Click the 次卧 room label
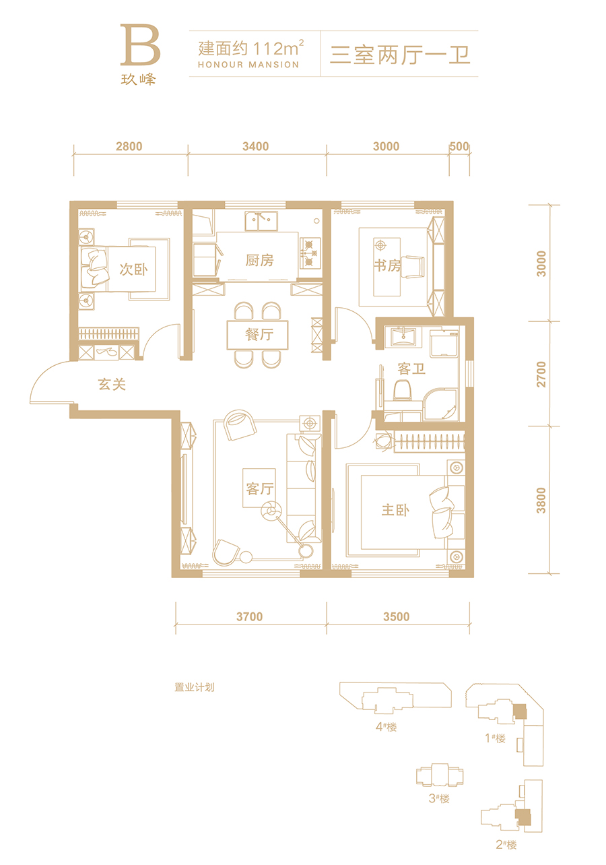click(133, 269)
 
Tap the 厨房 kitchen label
click(259, 260)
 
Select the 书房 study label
click(387, 265)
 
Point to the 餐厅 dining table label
click(259, 334)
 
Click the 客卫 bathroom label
click(411, 369)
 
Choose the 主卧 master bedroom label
click(395, 510)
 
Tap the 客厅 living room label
click(260, 488)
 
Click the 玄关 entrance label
click(112, 384)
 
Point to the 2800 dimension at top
click(129, 146)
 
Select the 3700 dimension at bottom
click(249, 616)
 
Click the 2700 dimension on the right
click(541, 374)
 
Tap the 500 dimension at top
click(459, 146)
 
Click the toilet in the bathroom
click(402, 390)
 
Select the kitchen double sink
click(261, 221)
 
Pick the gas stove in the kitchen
click(310, 253)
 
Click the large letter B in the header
click(140, 44)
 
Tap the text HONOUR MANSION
click(248, 65)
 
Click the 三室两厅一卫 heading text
click(400, 55)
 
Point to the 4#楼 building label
click(386, 727)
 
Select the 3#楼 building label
click(439, 798)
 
